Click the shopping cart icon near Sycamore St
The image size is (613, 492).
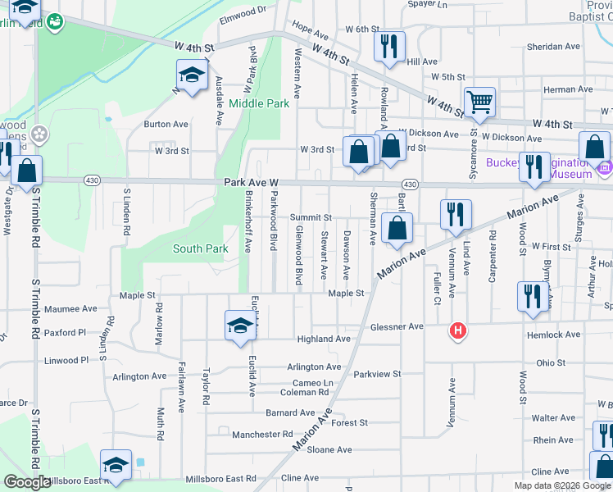point(479,102)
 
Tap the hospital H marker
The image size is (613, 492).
point(457,331)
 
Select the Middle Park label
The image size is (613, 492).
point(259,104)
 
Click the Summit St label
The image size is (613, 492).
point(310,217)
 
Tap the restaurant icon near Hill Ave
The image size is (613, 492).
point(388,46)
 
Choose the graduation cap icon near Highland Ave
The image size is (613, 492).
point(240,325)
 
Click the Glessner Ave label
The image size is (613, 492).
point(397,326)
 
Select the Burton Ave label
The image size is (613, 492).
point(166,125)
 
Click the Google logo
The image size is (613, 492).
point(27,483)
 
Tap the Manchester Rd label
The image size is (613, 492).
point(261,435)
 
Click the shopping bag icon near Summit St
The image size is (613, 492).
point(397,227)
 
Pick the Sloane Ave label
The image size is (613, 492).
point(329,449)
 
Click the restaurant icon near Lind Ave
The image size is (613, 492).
point(456,214)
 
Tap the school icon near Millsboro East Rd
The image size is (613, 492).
point(116,464)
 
